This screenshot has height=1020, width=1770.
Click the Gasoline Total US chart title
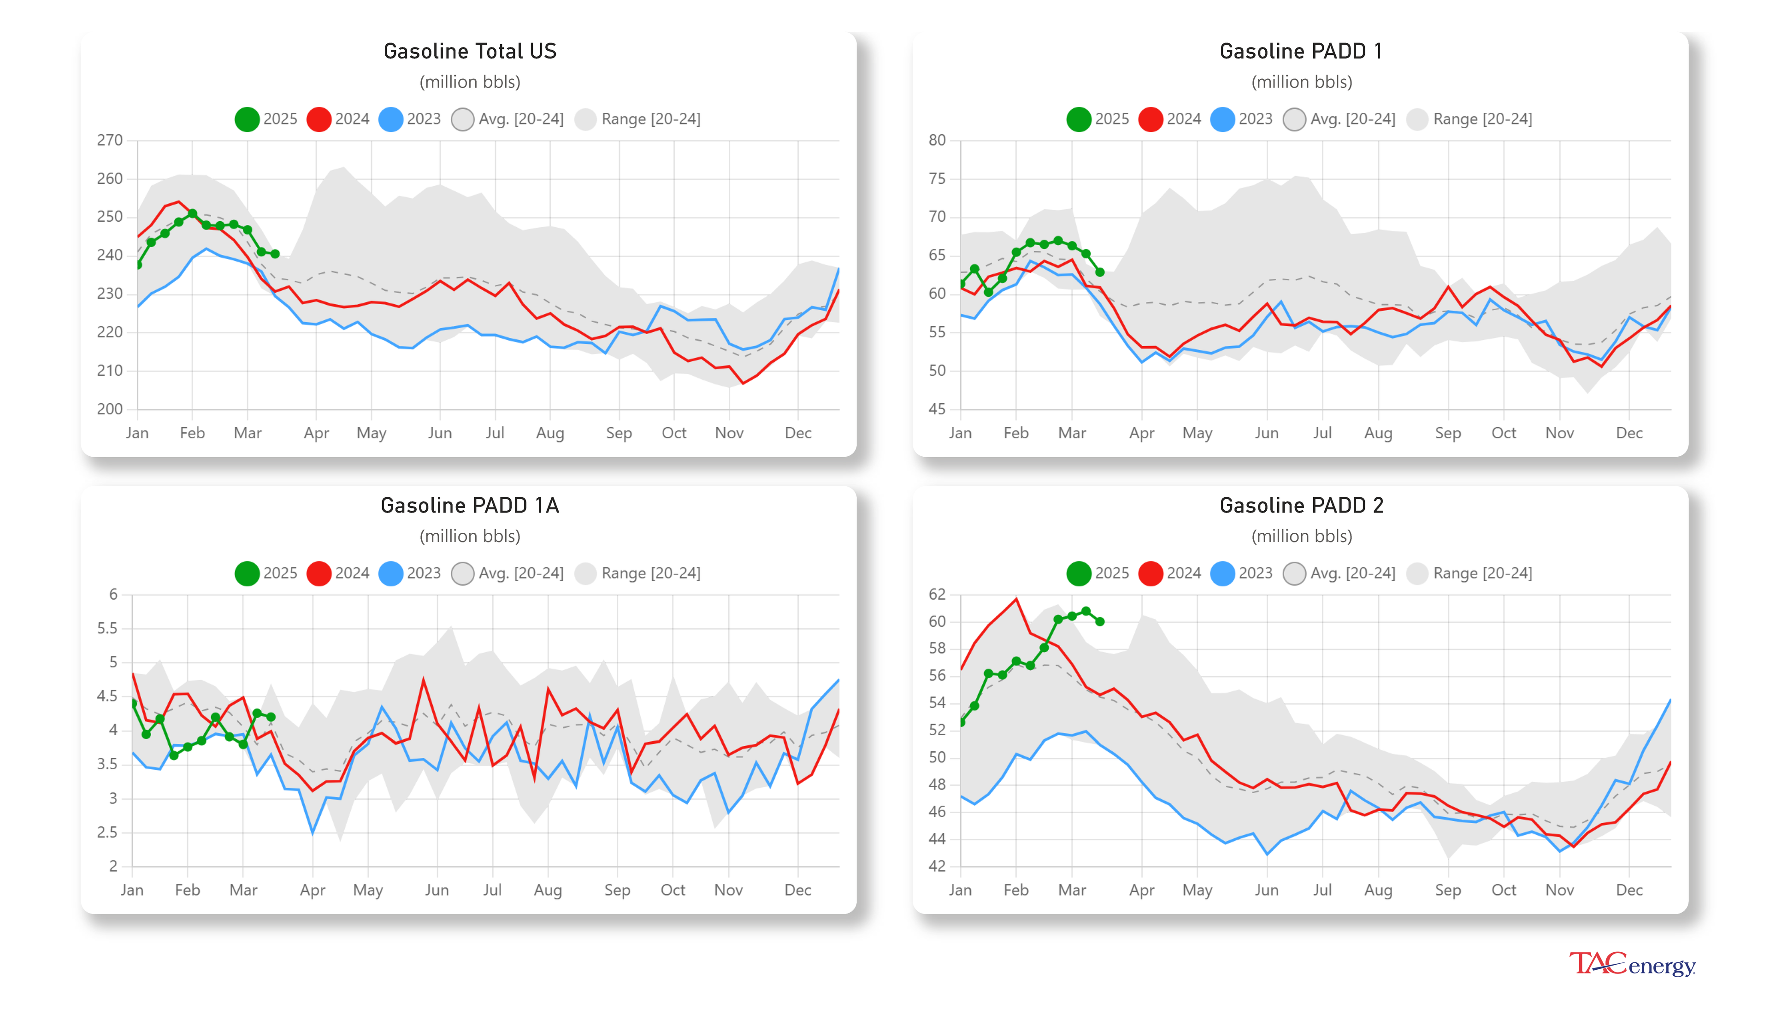pos(469,51)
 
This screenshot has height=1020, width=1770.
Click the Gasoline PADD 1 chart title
pos(1301,51)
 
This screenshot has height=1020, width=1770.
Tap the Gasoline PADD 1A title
pos(469,505)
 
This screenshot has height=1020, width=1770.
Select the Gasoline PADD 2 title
pos(1301,505)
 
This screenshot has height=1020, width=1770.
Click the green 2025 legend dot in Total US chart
pos(247,119)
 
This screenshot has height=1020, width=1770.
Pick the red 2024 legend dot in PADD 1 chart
pos(1150,119)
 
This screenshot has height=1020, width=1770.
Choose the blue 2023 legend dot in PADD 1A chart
pos(390,573)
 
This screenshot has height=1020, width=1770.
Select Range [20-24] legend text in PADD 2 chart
pos(1482,573)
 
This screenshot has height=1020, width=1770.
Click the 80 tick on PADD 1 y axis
pos(937,140)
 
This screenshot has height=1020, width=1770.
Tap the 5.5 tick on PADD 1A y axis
pos(107,628)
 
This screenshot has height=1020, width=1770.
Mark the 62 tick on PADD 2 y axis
pos(937,594)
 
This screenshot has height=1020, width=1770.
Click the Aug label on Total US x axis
pos(550,433)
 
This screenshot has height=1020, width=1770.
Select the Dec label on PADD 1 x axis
pos(1628,433)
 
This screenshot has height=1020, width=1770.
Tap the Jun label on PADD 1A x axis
pos(437,890)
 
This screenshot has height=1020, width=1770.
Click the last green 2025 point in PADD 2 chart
pos(1100,621)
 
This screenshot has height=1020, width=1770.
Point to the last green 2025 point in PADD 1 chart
pos(1100,272)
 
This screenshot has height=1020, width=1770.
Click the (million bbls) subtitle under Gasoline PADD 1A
pos(469,536)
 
